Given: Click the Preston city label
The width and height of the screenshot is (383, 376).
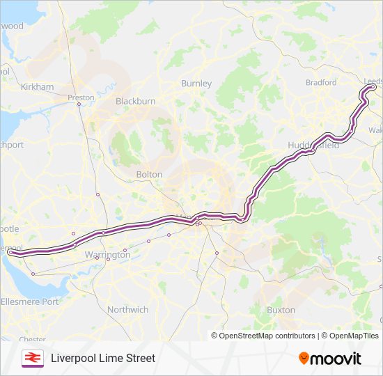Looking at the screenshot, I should [81, 97].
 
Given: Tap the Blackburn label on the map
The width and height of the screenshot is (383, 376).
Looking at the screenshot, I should [135, 101].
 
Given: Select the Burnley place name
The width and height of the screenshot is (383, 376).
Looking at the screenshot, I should [196, 84].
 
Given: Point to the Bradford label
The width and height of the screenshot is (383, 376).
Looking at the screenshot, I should [320, 82].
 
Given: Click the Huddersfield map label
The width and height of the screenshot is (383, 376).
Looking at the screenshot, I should [313, 146].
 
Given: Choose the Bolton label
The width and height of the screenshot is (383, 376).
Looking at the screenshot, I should [149, 174].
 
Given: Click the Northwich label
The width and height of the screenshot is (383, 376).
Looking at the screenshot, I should [127, 309].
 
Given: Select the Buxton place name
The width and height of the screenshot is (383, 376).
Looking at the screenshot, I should [281, 310].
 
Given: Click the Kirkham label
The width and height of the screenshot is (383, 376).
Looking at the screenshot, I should [37, 87].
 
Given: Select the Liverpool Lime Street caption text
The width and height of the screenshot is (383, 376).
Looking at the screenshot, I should [103, 358].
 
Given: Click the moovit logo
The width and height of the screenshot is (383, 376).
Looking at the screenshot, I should [330, 359].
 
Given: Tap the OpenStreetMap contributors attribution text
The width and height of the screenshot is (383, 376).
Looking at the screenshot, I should [263, 336].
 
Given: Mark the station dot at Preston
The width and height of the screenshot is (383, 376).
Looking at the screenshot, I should [79, 105].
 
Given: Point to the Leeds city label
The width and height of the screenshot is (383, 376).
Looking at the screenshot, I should [373, 80].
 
